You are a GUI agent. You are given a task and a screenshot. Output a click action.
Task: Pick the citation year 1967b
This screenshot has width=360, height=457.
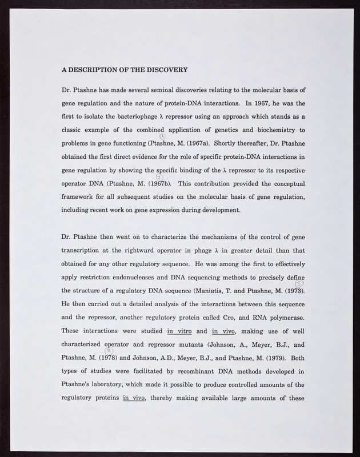159,183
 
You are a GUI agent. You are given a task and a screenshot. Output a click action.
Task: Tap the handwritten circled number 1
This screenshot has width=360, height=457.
163,136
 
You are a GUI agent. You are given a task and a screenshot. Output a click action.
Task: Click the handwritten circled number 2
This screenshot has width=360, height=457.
159,177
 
